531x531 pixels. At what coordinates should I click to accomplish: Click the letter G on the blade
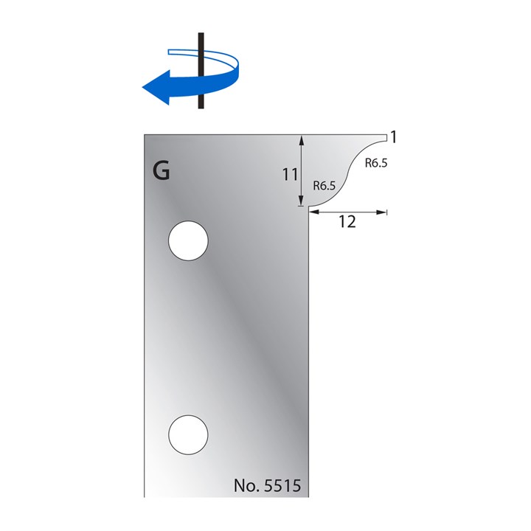tap(161, 171)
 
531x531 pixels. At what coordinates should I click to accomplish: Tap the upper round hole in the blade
tap(188, 240)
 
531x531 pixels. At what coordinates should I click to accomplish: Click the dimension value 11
tap(290, 175)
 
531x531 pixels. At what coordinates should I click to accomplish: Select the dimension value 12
tap(347, 222)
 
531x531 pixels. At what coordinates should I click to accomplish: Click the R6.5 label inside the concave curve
tap(324, 186)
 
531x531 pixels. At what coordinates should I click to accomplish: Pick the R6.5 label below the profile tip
tap(375, 164)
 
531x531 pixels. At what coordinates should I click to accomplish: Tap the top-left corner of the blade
tap(145, 135)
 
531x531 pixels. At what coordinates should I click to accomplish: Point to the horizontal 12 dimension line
tap(347, 212)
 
